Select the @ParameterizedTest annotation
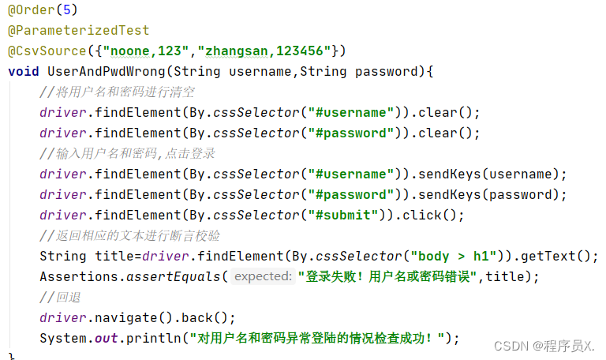(x=78, y=31)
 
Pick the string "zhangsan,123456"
(x=267, y=51)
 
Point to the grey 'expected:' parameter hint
(x=264, y=276)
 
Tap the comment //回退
(x=61, y=297)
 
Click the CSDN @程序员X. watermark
(x=544, y=345)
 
